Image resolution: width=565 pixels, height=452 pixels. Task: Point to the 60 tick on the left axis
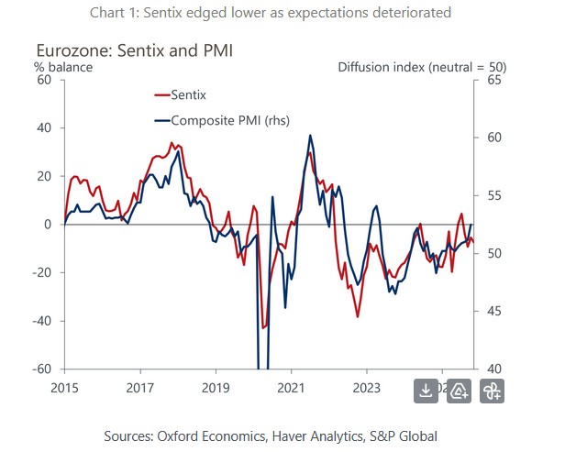pos(43,80)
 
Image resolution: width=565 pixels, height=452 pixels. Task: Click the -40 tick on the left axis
pos(40,321)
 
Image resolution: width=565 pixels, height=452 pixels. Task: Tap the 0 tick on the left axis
pos(48,225)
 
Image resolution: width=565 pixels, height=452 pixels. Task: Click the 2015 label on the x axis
pos(64,388)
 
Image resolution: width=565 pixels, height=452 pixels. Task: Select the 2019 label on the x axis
pos(215,388)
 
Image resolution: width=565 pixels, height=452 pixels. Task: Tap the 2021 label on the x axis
pos(291,388)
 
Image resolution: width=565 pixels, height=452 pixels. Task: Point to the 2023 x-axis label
pos(367,388)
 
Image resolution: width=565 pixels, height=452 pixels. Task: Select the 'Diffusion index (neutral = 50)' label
pos(422,67)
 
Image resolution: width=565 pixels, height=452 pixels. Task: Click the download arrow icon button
pos(426,391)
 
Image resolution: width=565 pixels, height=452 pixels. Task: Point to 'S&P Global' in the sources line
pos(404,435)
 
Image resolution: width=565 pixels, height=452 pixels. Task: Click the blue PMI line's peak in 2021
pos(311,136)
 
